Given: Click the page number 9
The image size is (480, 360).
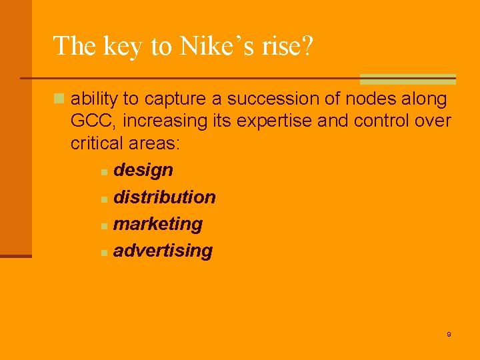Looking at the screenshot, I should click(x=449, y=334).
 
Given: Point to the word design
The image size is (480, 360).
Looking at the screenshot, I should click(x=143, y=170).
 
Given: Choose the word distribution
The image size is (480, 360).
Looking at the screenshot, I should click(x=165, y=197).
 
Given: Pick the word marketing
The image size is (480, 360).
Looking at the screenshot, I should click(x=158, y=224).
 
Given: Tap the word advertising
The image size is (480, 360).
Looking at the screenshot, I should click(x=163, y=251).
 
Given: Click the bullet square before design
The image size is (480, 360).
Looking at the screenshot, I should click(x=104, y=173).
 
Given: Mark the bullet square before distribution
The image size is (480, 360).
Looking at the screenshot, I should click(x=104, y=199).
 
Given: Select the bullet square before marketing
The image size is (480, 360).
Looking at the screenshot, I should click(x=104, y=227).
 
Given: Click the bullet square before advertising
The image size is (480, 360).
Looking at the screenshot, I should click(x=104, y=253).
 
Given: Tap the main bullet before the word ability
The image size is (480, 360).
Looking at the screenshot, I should click(x=59, y=99).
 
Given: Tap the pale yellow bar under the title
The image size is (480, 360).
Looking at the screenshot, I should click(x=407, y=79).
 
